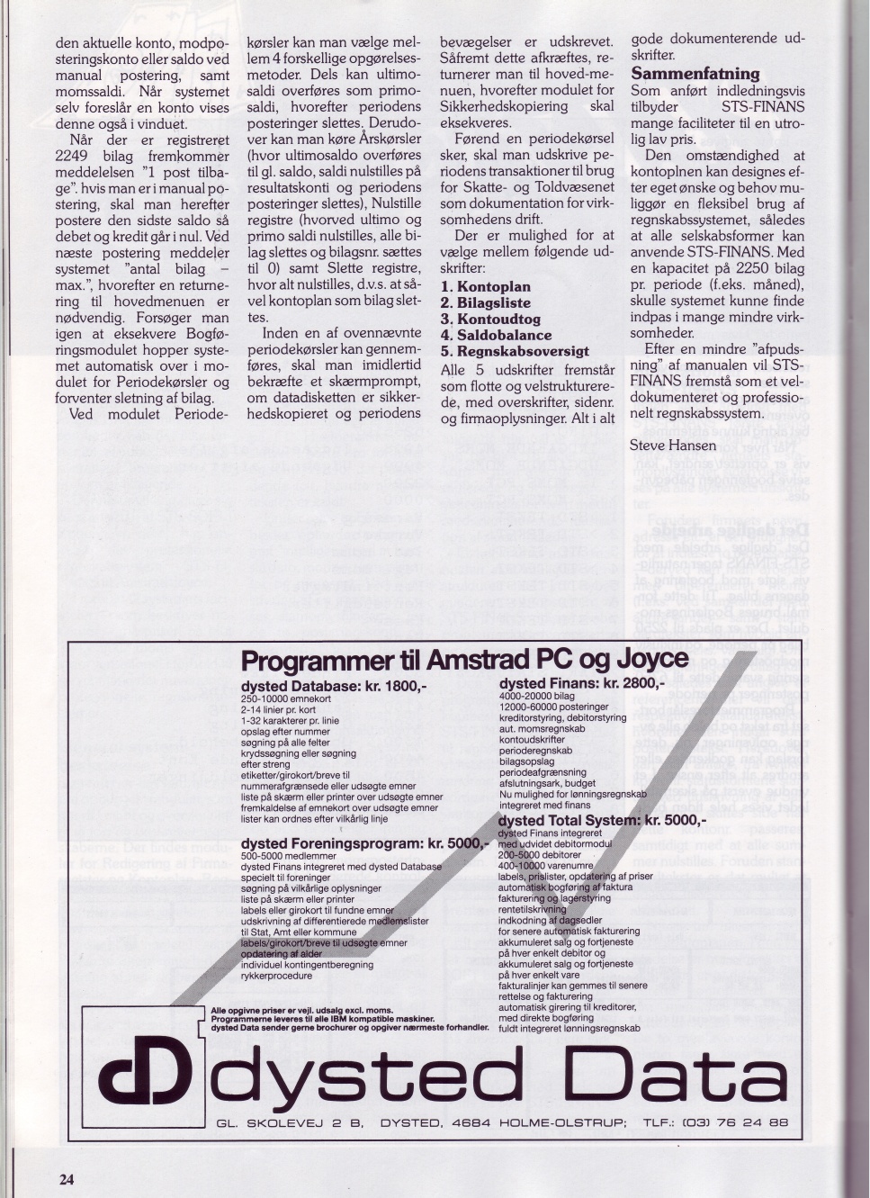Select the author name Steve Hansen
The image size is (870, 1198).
coord(674,446)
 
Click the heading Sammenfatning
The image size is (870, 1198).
coord(695,74)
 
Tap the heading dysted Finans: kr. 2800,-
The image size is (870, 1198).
coord(582,683)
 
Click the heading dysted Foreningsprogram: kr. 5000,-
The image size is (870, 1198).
coord(364,843)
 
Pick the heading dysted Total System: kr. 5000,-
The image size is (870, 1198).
coord(602,821)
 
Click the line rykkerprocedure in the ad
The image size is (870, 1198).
coord(277,976)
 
